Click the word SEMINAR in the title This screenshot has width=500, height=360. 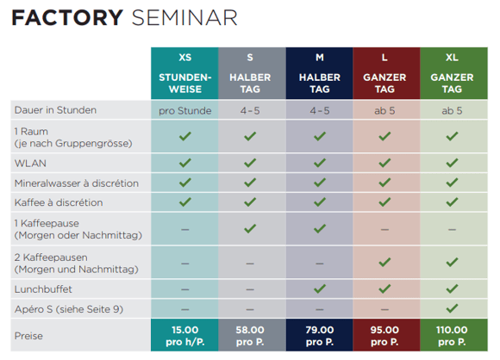184,18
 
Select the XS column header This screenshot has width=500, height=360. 184,58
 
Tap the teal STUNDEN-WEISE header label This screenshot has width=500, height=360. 184,84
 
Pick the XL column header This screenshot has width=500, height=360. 452,58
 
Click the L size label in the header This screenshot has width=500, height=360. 385,58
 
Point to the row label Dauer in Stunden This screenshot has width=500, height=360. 55,110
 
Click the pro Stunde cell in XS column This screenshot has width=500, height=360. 184,110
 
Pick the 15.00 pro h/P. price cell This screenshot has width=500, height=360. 184,335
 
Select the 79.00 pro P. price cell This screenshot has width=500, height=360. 319,335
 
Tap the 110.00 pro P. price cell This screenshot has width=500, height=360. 452,335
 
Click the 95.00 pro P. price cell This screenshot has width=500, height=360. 385,335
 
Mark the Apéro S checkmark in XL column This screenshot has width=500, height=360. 452,307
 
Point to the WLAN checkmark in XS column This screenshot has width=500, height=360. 184,161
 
